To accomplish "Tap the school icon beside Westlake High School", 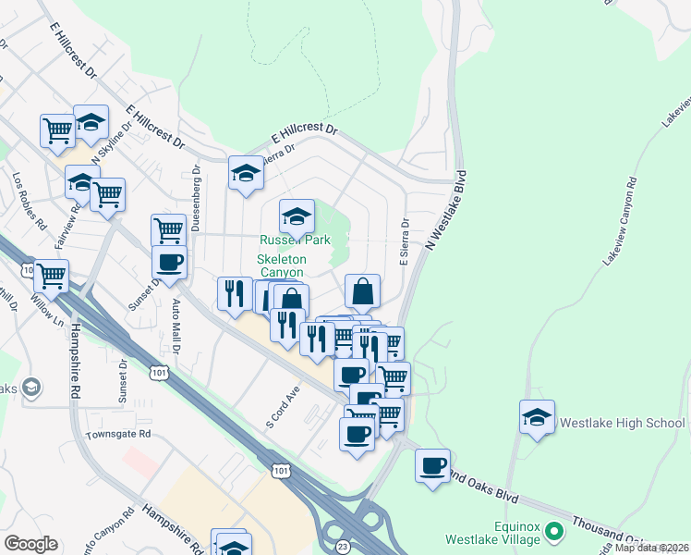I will click(537, 417).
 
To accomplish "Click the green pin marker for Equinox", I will click(554, 532).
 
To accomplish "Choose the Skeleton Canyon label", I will click(282, 266).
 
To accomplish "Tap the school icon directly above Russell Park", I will click(297, 217).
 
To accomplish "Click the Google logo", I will click(30, 544).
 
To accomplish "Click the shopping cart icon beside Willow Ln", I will click(51, 275).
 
